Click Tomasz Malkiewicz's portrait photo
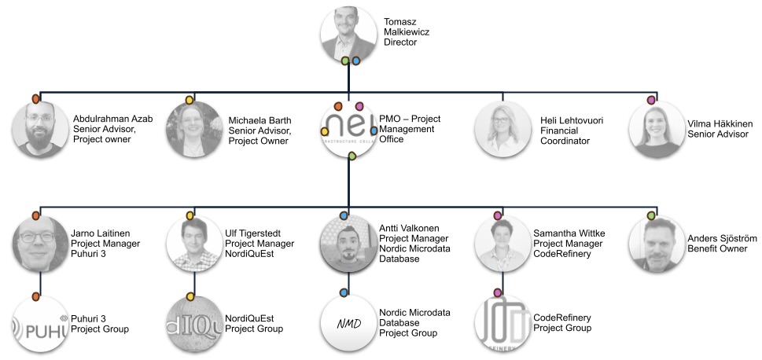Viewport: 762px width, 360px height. pyautogui.click(x=348, y=33)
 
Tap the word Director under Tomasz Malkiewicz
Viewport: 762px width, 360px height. pyautogui.click(x=401, y=42)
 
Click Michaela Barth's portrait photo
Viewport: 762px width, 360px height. pyautogui.click(x=193, y=130)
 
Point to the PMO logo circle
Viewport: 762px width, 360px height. pyautogui.click(x=348, y=129)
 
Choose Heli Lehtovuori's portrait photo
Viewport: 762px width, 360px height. pyautogui.click(x=502, y=129)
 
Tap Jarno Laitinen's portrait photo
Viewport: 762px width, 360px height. pyautogui.click(x=41, y=244)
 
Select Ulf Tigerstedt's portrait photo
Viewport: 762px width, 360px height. pyautogui.click(x=193, y=244)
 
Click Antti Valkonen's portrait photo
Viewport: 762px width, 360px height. pyautogui.click(x=348, y=244)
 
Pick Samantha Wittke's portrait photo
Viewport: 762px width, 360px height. pyautogui.click(x=502, y=244)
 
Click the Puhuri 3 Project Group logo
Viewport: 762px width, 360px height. pyautogui.click(x=41, y=324)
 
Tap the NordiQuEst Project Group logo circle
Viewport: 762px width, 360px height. pyautogui.click(x=193, y=324)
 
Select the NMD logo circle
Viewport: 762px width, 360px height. pyautogui.click(x=348, y=324)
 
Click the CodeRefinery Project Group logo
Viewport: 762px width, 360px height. pyautogui.click(x=502, y=324)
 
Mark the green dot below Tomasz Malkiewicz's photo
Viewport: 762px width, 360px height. pyautogui.click(x=344, y=61)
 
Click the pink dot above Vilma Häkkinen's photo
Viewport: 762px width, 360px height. pyautogui.click(x=651, y=100)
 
